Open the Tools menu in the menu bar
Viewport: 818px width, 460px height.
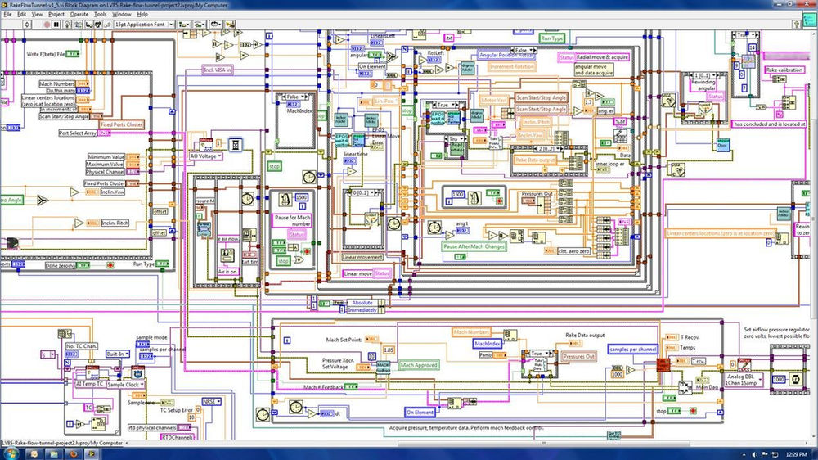point(100,14)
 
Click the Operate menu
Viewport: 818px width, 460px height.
point(79,14)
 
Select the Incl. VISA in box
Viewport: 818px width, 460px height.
point(218,70)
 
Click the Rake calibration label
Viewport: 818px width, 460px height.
point(784,70)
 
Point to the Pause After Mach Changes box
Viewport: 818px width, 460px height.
point(473,246)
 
